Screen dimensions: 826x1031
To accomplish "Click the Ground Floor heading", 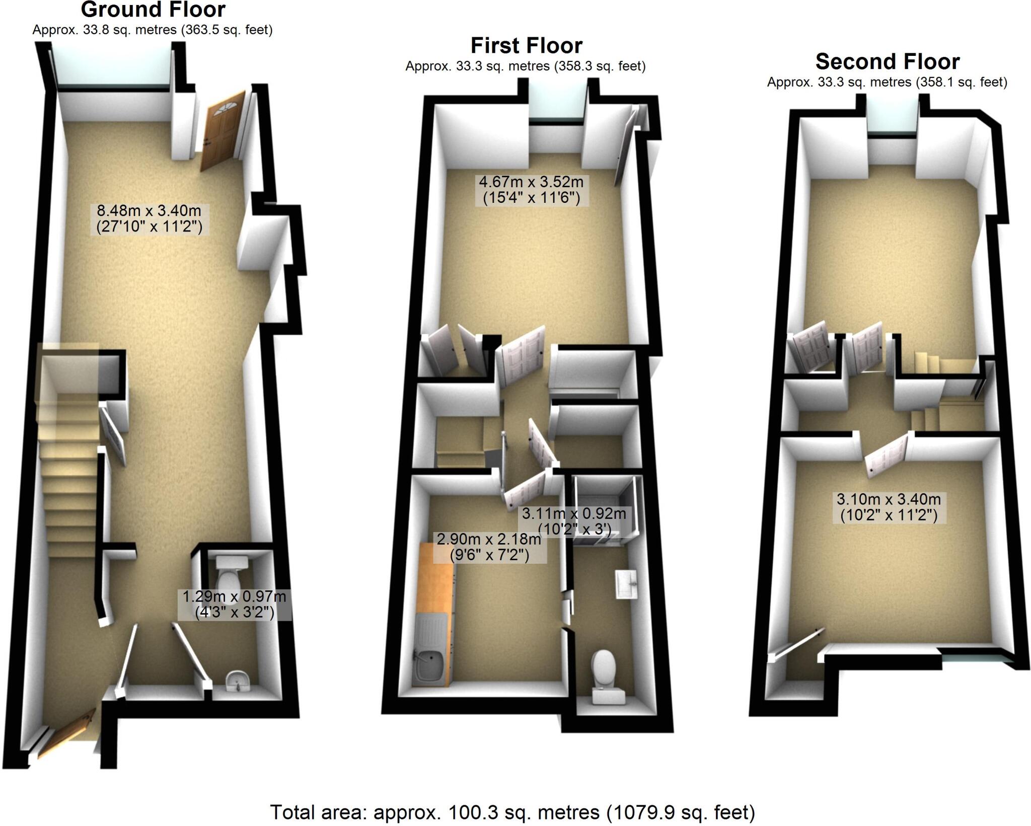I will point(153,10).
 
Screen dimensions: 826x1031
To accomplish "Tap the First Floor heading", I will point(526,46).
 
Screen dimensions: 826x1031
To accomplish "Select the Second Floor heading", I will point(887,62).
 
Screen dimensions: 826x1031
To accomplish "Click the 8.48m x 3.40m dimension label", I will point(149,219).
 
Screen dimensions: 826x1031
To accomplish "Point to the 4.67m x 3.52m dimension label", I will point(531,190).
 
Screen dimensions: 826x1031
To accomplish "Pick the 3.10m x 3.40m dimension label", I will point(889,507).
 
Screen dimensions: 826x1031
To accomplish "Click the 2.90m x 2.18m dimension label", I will point(488,547).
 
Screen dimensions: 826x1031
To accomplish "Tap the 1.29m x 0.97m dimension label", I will point(234,605).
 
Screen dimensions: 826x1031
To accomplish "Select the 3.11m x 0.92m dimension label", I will point(574,521).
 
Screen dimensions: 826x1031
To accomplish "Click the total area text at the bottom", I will point(512,812).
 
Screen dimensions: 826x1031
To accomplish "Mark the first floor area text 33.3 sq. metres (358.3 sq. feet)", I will point(525,66).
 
